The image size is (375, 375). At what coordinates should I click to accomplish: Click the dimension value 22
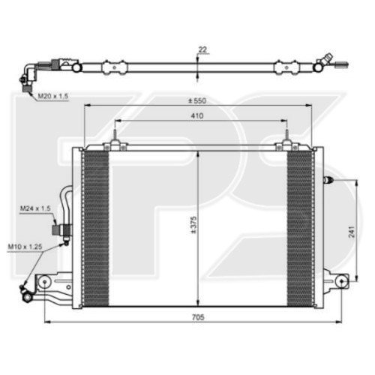pos(202,50)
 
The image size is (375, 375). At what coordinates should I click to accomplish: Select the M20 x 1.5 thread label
pos(31,96)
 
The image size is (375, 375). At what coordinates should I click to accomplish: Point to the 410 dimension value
pos(198,115)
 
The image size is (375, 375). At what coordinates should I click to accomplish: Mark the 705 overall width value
pos(198,317)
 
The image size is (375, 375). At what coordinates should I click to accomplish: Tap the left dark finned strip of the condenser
pos(95,225)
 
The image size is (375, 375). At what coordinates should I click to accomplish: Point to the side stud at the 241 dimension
pos(326,180)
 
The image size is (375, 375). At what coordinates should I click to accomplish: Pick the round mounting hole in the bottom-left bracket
pos(46,282)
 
